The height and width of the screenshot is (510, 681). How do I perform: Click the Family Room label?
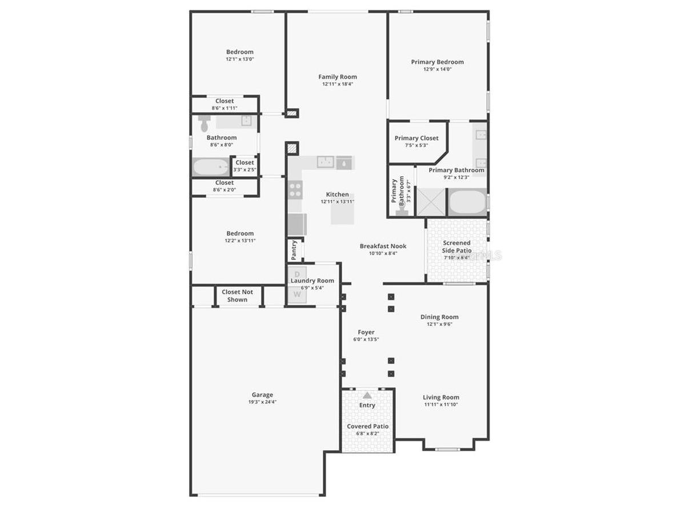(x=337, y=77)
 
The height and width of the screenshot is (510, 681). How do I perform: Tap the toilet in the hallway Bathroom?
(x=204, y=122)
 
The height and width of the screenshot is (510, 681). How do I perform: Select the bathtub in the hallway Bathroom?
(x=210, y=167)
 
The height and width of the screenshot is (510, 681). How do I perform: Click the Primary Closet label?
(x=416, y=138)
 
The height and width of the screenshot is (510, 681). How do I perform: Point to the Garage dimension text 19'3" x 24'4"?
(x=262, y=402)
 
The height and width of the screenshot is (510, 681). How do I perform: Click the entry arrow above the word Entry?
(x=367, y=395)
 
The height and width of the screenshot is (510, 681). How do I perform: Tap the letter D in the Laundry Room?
(x=297, y=273)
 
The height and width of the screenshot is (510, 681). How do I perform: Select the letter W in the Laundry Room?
(x=297, y=294)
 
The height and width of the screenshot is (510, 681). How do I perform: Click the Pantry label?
(x=294, y=250)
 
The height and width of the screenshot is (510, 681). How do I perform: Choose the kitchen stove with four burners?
(x=295, y=189)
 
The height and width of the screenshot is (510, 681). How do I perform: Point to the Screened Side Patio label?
(x=456, y=246)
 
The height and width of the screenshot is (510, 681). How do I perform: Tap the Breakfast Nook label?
(x=383, y=246)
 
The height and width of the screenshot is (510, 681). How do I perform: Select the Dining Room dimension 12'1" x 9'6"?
(x=439, y=324)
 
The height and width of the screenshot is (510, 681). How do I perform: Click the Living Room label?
(x=440, y=398)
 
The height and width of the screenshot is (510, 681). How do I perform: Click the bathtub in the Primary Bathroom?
(x=467, y=204)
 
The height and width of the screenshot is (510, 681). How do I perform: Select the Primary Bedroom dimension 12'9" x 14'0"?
(x=437, y=69)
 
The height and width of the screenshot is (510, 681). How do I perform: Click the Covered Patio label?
(x=367, y=426)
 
